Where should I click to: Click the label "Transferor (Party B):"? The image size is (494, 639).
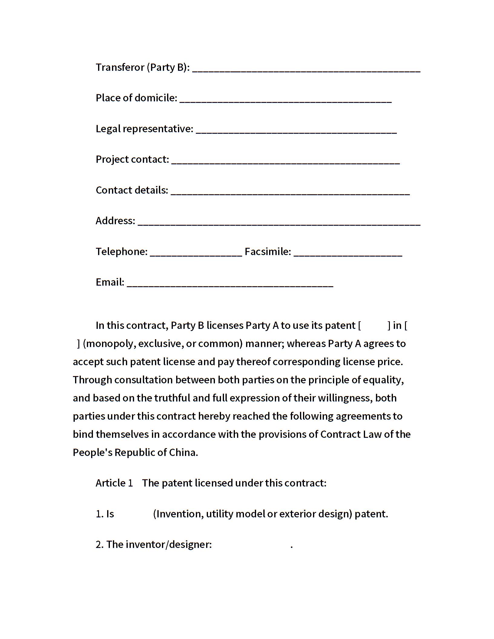[x=143, y=67]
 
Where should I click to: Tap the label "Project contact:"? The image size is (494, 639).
[x=132, y=159]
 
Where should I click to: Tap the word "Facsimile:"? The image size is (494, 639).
[x=268, y=251]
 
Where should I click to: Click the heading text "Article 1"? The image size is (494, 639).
[x=114, y=483]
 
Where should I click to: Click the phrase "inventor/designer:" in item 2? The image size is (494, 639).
[x=169, y=544]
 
